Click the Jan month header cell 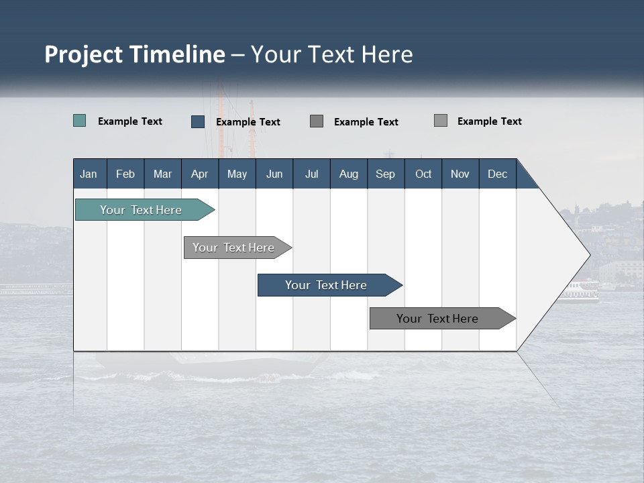[x=89, y=174]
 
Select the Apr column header [x=199, y=174]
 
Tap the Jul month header [x=311, y=174]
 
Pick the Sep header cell [x=385, y=174]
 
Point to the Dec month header [x=497, y=174]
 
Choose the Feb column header [x=125, y=174]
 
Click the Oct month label [x=423, y=174]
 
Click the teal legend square [x=80, y=121]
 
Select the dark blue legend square [x=198, y=121]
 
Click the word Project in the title [x=85, y=54]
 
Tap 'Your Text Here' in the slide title [x=332, y=54]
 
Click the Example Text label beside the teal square [x=130, y=121]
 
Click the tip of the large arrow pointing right [x=588, y=255]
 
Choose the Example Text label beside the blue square [x=248, y=122]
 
